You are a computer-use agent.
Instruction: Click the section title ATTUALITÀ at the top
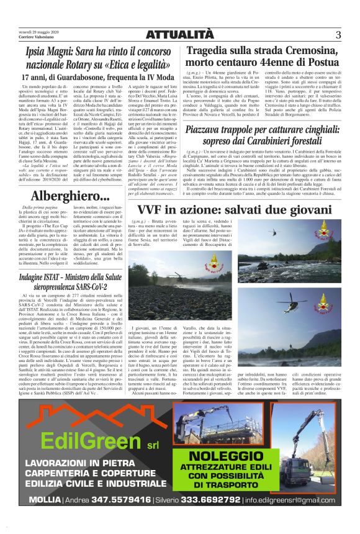pyautogui.click(x=179, y=35)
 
